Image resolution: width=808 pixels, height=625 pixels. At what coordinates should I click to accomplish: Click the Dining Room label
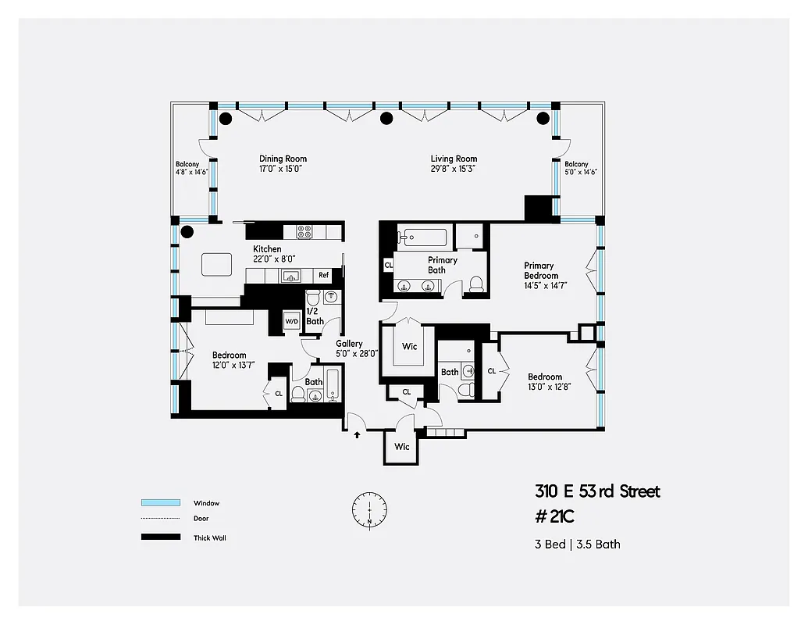[283, 163]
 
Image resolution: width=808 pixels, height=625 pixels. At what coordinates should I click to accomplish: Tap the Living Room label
[454, 163]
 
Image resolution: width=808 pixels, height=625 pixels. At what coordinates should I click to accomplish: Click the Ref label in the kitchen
[323, 275]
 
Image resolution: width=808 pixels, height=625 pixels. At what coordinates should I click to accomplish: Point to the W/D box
[291, 321]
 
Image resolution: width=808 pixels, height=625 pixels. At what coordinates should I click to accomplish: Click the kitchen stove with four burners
[304, 231]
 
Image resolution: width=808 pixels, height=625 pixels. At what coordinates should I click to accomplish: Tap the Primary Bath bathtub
[422, 236]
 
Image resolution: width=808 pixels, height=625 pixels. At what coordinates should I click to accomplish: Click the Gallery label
[350, 348]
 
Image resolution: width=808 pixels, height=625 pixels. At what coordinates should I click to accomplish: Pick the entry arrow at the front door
[358, 434]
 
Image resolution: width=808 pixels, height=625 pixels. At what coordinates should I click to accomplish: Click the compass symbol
[369, 509]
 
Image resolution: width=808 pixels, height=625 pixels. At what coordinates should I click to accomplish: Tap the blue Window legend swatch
[161, 502]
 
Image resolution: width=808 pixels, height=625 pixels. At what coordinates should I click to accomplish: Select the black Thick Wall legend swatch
[161, 537]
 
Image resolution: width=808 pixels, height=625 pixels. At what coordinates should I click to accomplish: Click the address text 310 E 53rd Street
[597, 491]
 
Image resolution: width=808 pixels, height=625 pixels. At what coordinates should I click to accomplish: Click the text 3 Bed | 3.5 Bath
[577, 544]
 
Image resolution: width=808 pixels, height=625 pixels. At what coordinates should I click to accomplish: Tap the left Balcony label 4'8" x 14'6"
[191, 168]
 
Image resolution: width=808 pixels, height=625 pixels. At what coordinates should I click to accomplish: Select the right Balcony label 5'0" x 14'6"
[581, 168]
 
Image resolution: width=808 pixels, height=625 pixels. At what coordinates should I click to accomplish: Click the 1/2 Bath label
[315, 316]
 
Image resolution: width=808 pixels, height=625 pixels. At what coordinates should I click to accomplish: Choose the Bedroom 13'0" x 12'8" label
[544, 381]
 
